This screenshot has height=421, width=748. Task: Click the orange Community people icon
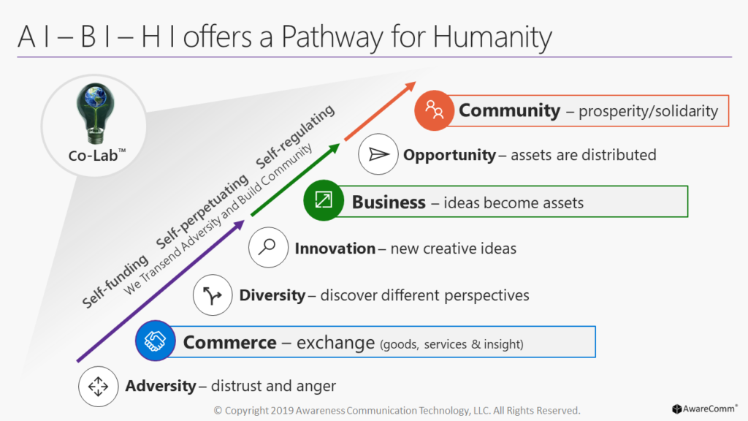coord(434,110)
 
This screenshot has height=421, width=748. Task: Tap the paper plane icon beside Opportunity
coord(378,154)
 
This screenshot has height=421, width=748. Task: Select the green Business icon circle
coord(324,200)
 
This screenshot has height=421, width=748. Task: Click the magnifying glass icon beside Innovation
coord(268,247)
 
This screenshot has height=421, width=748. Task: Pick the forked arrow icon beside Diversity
coord(213,295)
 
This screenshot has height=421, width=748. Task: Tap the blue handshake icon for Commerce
coord(156,341)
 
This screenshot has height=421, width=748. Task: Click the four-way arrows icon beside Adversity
coord(99,387)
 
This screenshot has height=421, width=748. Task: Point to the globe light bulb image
coord(96,113)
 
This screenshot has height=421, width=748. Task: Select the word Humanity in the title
coord(492,37)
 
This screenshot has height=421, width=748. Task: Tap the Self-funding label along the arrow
coord(115,281)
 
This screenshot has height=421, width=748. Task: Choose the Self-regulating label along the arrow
coord(295,137)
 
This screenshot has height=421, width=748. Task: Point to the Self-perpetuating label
coord(202,211)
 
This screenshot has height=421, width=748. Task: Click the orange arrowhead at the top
coord(409,88)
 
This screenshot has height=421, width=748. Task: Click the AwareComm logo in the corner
coord(705,409)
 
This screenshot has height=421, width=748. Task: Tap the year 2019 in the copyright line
coord(283,411)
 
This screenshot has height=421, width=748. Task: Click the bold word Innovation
coord(335,249)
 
